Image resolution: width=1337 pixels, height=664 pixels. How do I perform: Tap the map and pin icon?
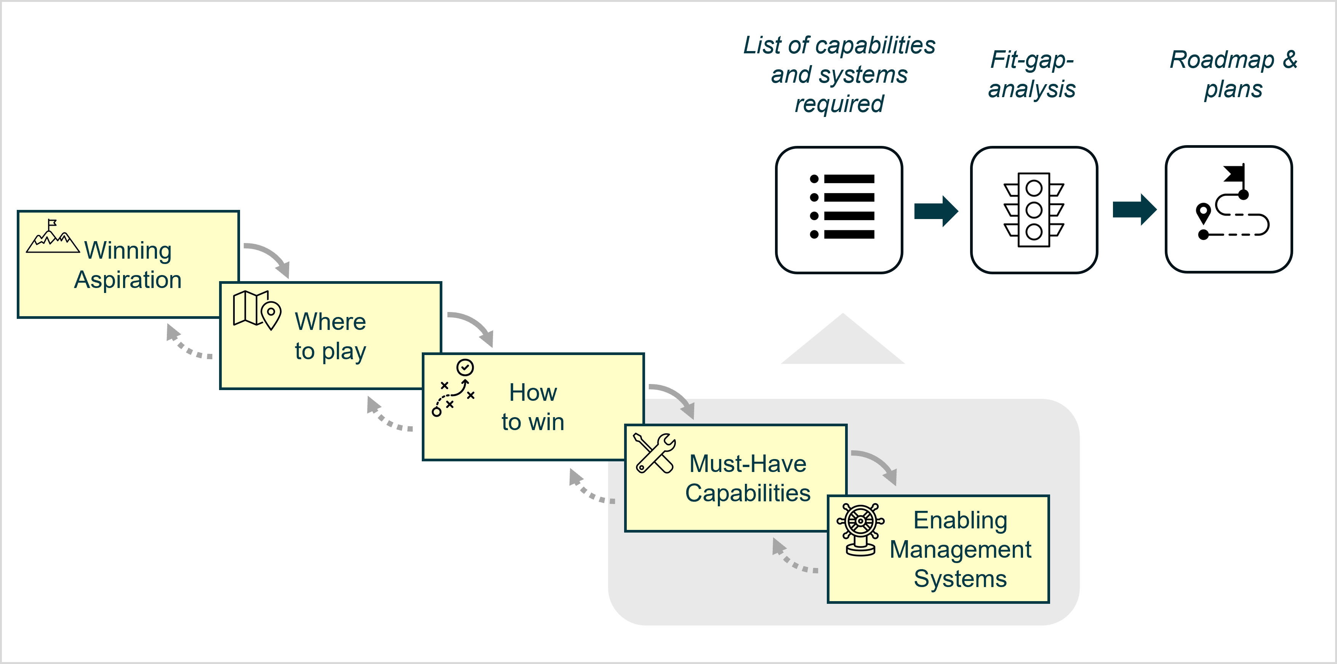256,310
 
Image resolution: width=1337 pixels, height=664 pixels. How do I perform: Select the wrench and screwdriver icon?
654,453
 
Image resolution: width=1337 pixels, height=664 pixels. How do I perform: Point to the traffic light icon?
1033,210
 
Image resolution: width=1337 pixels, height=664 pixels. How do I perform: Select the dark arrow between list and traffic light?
936,211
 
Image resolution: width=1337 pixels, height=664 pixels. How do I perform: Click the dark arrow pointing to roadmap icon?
1134,210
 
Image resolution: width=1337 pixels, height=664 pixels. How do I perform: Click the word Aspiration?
128,280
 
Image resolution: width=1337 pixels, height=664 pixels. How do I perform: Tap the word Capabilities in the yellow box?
748,493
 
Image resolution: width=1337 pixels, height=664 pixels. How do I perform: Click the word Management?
960,549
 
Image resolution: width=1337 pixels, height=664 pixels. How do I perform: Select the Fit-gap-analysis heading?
1031,74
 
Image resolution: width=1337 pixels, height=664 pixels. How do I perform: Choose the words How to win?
533,407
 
